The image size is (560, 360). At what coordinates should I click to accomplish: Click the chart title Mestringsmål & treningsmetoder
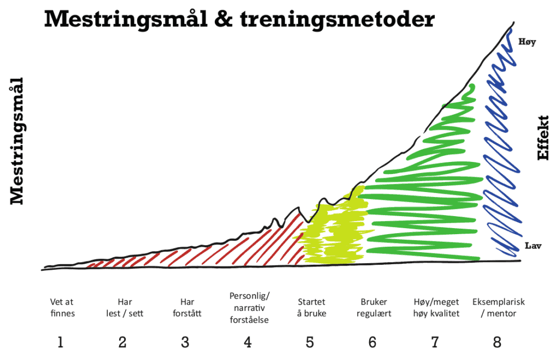coord(239,20)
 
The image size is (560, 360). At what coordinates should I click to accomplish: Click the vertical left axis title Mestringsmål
coord(18,141)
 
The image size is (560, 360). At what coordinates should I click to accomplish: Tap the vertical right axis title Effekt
coord(543,137)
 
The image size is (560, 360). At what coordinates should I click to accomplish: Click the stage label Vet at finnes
coord(62,307)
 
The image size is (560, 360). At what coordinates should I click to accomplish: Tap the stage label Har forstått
coord(186,307)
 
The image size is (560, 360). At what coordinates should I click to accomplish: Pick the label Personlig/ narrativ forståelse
coord(249,307)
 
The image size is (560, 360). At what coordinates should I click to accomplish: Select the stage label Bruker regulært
coord(374,307)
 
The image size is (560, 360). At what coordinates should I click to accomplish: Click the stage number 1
coord(60,342)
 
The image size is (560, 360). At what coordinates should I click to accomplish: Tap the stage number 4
coord(248,342)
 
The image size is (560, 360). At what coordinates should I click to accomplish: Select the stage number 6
coord(372,342)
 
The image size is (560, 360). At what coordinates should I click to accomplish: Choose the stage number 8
coord(497,342)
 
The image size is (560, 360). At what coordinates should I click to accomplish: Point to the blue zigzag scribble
coord(500,164)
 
